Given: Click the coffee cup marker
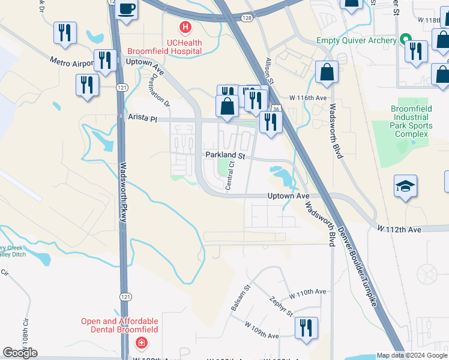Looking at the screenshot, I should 127,9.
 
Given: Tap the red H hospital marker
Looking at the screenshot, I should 185,27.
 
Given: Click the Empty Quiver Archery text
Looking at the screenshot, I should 356,41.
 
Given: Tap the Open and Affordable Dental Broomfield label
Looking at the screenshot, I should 120,325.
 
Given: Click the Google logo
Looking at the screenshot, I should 20,353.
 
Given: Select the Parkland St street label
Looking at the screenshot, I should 226,155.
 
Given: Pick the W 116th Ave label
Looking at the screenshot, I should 307,97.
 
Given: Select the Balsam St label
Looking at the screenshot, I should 239,299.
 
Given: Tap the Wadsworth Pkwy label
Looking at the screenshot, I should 123,192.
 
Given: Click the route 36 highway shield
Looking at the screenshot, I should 276,110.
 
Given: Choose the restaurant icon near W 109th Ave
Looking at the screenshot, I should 306,329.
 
